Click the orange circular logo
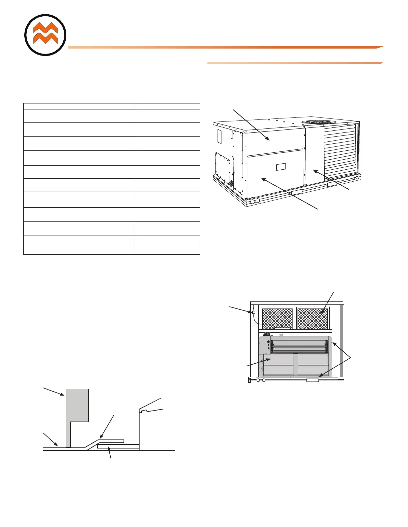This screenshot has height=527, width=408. click(45, 35)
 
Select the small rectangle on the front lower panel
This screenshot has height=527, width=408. click(281, 167)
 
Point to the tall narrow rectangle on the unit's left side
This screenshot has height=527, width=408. click(219, 136)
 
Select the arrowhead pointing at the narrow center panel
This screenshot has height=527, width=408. click(314, 170)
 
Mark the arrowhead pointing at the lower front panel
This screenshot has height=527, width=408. click(262, 179)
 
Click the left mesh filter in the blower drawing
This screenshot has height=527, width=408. click(277, 318)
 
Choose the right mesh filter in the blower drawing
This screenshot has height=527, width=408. click(312, 318)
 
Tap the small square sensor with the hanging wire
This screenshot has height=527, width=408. click(253, 312)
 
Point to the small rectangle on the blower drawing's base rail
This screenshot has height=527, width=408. click(313, 380)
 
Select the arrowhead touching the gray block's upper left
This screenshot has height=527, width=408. click(63, 395)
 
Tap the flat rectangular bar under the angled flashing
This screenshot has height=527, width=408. click(118, 446)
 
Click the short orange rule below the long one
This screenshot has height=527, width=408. click(295, 63)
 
